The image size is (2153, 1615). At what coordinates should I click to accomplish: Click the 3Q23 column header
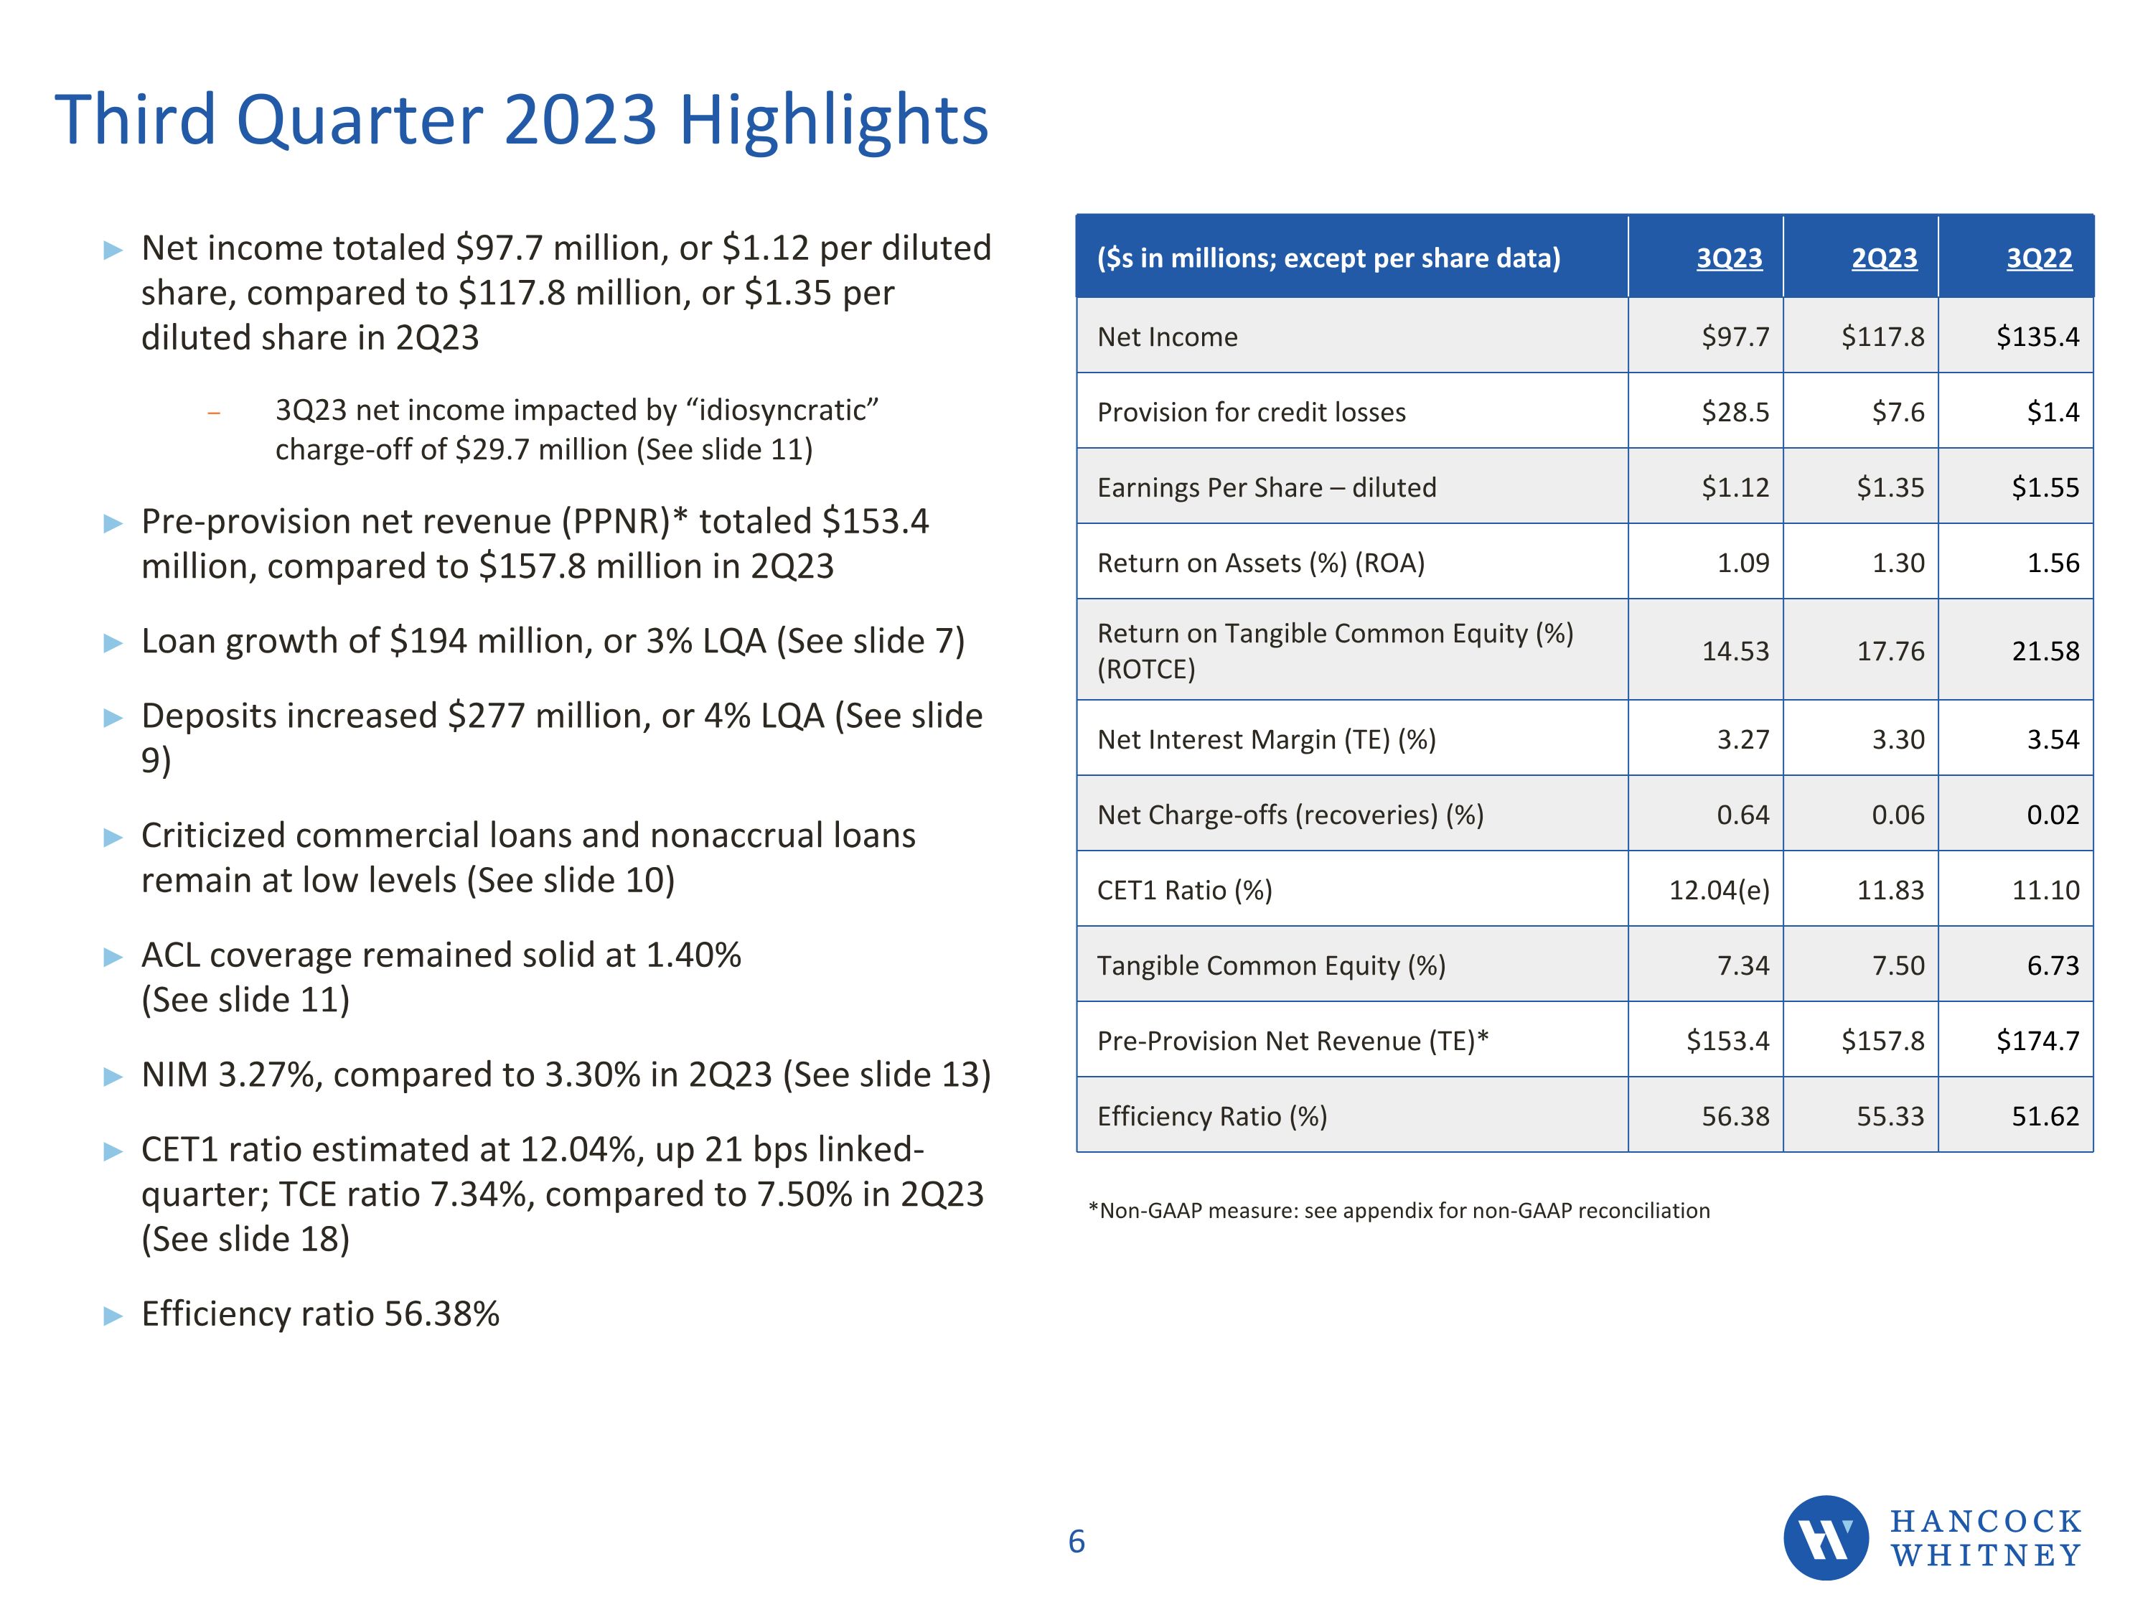(1729, 258)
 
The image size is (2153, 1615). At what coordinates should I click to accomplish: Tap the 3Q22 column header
(2038, 258)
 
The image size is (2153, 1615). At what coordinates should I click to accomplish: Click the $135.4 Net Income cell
(2037, 337)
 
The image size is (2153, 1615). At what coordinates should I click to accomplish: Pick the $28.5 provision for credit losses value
(1735, 412)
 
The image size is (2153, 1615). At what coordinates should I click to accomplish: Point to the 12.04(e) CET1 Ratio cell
(1719, 890)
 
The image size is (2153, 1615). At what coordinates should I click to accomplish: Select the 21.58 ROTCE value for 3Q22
(2045, 650)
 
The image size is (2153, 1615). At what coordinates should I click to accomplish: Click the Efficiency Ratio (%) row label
(1212, 1115)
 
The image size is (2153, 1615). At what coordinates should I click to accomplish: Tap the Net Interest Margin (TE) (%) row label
(1266, 740)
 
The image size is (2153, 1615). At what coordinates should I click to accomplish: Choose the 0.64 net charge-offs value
(1742, 815)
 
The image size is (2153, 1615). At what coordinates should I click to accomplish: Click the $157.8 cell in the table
(1882, 1041)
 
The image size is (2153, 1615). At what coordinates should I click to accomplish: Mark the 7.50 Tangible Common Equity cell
(1898, 965)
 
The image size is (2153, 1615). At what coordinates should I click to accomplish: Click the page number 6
(1076, 1541)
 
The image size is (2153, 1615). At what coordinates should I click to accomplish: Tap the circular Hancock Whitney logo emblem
(1825, 1537)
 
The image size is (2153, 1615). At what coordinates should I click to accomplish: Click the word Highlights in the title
(833, 121)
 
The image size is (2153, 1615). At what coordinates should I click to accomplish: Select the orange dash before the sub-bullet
(214, 413)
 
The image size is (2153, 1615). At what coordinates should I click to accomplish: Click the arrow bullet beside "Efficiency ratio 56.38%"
(113, 1316)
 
